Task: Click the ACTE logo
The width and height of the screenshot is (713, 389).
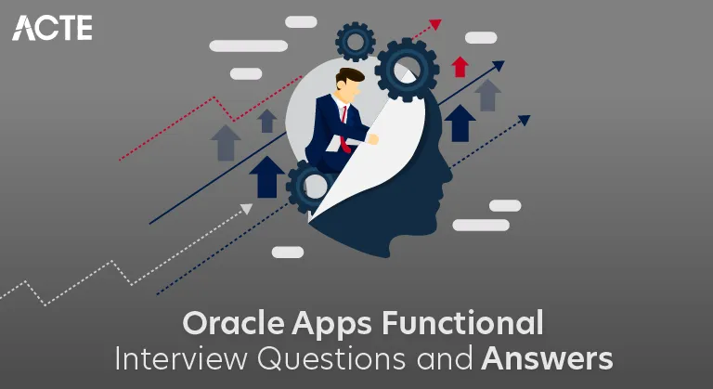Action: click(x=52, y=27)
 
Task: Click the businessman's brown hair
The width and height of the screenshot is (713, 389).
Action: click(x=351, y=76)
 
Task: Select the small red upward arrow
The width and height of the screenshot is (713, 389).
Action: click(x=459, y=66)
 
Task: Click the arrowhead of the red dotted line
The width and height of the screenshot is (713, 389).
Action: click(x=435, y=25)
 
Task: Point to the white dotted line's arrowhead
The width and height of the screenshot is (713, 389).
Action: click(x=247, y=209)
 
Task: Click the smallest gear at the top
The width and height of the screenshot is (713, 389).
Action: click(x=354, y=41)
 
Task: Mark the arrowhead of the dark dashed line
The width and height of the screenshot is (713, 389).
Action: click(x=525, y=120)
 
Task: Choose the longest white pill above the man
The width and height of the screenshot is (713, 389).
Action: click(x=248, y=45)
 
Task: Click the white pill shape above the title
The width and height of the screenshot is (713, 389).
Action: click(x=288, y=252)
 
